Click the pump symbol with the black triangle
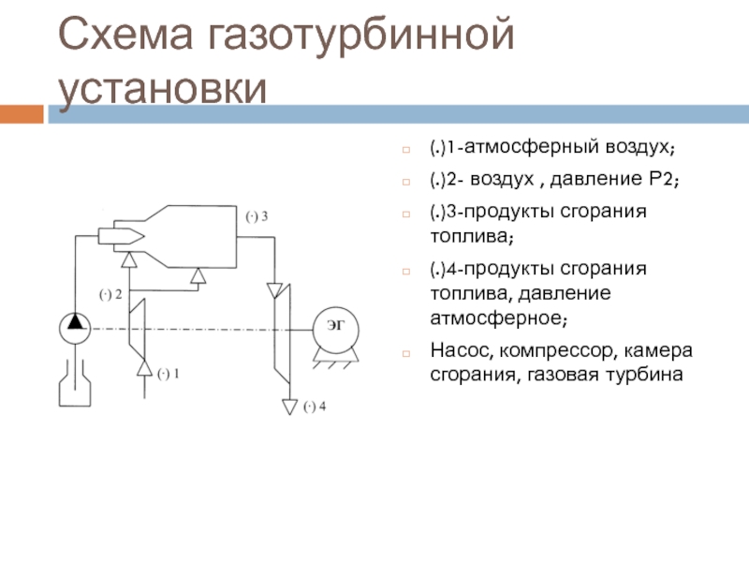pyautogui.click(x=73, y=325)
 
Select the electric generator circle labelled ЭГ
pyautogui.click(x=333, y=325)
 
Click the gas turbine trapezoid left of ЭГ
pyautogui.click(x=279, y=333)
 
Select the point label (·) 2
pyautogui.click(x=111, y=294)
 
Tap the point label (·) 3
pyautogui.click(x=257, y=216)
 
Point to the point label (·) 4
pyautogui.click(x=314, y=407)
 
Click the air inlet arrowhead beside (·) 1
pyautogui.click(x=144, y=372)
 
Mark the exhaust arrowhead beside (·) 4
pyautogui.click(x=288, y=407)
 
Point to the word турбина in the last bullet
pyautogui.click(x=650, y=376)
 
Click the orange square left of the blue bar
pyautogui.click(x=22, y=114)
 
